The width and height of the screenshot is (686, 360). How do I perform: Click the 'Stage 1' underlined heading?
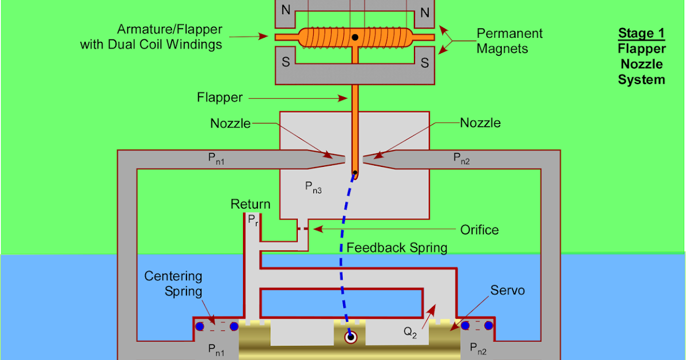pyautogui.click(x=641, y=34)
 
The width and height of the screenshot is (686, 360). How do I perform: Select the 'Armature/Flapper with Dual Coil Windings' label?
pyautogui.click(x=151, y=37)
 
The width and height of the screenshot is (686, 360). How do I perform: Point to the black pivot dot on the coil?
pyautogui.click(x=355, y=38)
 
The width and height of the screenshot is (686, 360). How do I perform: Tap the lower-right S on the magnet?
pyautogui.click(x=425, y=63)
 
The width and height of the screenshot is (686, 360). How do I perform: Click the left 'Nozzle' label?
pyautogui.click(x=230, y=123)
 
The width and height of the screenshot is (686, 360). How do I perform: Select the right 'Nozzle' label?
pyautogui.click(x=480, y=123)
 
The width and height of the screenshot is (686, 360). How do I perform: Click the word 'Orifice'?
pyautogui.click(x=480, y=230)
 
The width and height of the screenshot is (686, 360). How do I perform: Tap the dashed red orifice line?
pyautogui.click(x=306, y=229)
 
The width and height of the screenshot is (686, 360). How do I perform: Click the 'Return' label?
pyautogui.click(x=250, y=205)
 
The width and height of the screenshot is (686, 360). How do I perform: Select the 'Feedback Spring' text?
pyautogui.click(x=397, y=248)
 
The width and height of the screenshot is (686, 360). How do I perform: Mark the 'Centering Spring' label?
pyautogui.click(x=173, y=283)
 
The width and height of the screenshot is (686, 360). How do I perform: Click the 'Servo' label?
pyautogui.click(x=508, y=291)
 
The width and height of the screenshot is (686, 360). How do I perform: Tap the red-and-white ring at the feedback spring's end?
pyautogui.click(x=350, y=337)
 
